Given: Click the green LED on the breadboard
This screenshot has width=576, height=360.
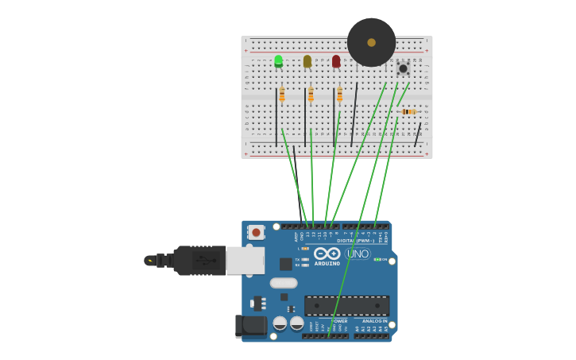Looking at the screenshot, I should point(278,61).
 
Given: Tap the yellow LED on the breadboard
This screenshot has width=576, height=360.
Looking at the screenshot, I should point(307,61).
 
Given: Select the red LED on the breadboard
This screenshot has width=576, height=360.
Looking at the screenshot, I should point(336,61).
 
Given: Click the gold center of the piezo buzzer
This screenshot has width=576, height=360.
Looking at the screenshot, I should point(371,43).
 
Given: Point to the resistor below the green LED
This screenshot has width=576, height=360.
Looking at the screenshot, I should point(281,95).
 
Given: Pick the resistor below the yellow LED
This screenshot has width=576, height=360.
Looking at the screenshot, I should point(311,95).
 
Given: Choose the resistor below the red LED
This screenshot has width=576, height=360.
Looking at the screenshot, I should point(339,95).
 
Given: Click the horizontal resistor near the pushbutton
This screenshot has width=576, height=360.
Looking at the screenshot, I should point(408,112).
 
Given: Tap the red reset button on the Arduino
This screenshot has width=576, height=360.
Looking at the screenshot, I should point(255,232).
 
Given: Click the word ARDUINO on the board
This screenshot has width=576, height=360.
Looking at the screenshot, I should point(327,264).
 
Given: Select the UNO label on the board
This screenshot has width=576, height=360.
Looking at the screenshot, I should point(358,254).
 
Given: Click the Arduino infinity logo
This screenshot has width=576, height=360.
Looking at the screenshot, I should point(327,254).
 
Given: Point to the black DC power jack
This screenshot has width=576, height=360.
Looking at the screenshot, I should point(250,326).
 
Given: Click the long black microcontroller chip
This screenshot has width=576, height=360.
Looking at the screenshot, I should point(347,305).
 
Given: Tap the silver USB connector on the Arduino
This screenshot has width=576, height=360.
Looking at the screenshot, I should point(245,260).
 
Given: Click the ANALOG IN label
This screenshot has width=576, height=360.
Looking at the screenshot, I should point(374,321).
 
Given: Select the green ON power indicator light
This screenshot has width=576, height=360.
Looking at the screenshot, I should point(377,259).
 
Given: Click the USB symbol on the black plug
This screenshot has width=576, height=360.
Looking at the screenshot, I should point(205,260).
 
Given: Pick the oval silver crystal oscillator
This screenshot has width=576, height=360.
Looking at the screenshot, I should point(284,283).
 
